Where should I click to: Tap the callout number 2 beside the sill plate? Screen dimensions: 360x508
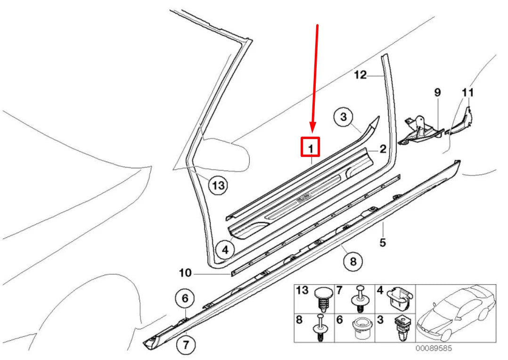(x=383, y=149)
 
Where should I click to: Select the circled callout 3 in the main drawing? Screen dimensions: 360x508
(x=344, y=116)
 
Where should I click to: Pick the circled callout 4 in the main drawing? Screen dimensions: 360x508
(x=225, y=250)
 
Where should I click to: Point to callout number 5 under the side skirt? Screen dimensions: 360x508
(x=383, y=242)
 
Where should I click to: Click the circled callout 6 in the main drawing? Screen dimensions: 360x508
(x=185, y=298)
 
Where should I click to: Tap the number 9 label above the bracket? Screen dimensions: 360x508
(x=437, y=92)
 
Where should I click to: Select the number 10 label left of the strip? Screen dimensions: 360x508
(x=186, y=272)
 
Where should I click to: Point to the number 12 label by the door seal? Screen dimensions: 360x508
(x=360, y=75)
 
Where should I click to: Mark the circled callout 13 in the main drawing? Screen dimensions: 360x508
(x=218, y=186)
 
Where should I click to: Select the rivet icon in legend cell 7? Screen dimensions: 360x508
(x=360, y=299)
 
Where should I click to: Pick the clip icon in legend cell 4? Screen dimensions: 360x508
(x=400, y=297)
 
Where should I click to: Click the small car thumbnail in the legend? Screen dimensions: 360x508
(x=456, y=312)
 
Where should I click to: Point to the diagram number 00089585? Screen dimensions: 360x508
(x=434, y=349)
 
